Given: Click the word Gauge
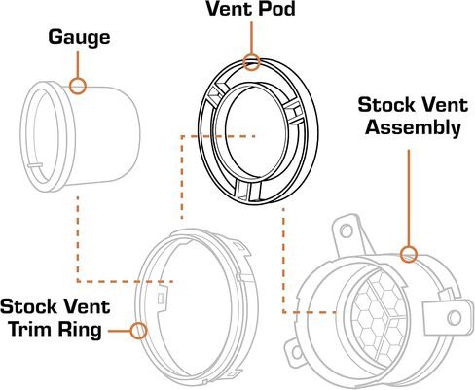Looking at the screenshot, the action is click(79, 38).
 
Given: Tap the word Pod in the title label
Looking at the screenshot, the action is click(276, 9).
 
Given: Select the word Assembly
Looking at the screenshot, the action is click(413, 127).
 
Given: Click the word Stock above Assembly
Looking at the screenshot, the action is click(386, 105).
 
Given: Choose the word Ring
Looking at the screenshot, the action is click(80, 331).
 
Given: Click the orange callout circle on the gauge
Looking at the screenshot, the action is click(78, 86).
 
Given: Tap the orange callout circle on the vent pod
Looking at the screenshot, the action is click(251, 62).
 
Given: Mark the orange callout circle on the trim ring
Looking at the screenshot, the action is click(139, 331).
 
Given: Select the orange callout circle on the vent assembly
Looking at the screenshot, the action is click(409, 254).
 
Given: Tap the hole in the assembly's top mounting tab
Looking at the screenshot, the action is click(347, 230).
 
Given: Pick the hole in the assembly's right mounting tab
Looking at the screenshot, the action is click(454, 318).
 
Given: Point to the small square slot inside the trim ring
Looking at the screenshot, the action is click(161, 299).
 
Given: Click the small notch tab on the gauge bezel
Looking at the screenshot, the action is click(35, 165).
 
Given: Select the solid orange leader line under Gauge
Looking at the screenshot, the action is click(78, 64).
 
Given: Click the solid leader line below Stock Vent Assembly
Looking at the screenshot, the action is click(409, 197).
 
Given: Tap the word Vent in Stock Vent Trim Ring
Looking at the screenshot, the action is click(87, 307).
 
